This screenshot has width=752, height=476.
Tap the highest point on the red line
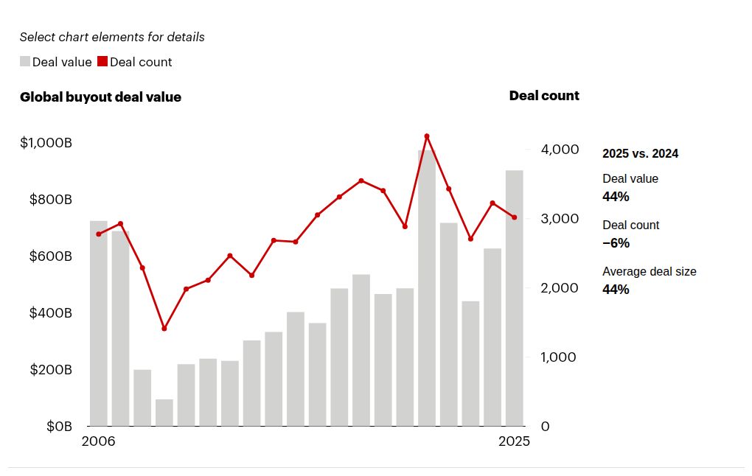[427, 136]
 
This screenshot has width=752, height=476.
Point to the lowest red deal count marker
[164, 329]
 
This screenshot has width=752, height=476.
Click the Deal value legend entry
[56, 62]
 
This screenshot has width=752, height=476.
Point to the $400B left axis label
[50, 313]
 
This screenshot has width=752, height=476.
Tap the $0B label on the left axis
[59, 427]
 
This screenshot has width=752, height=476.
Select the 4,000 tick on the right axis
[560, 150]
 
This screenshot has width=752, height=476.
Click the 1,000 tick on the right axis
[560, 357]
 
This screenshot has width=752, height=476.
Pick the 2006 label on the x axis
[99, 442]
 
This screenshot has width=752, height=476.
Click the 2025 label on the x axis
[514, 442]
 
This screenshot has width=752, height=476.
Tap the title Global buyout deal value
[100, 97]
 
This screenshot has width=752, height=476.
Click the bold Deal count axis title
[544, 96]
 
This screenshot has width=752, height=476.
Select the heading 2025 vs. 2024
[640, 154]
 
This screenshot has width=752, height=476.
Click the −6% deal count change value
[616, 243]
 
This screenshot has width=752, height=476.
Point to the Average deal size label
[649, 272]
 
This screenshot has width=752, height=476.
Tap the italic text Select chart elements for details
[112, 37]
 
